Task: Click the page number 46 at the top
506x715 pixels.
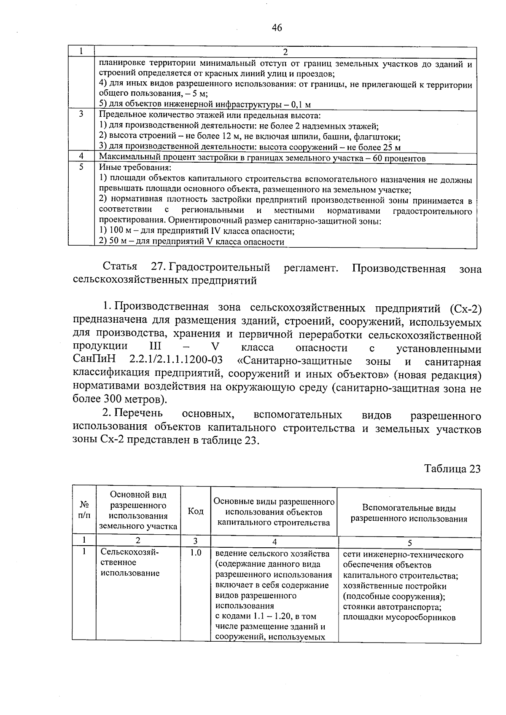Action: [277, 28]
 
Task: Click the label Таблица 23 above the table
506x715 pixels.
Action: [452, 469]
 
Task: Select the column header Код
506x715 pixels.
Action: [195, 511]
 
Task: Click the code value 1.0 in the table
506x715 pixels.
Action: [195, 553]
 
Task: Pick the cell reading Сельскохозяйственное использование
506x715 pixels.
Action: [130, 563]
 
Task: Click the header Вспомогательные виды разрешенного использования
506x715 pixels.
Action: [409, 513]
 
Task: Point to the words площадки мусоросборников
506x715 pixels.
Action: [399, 618]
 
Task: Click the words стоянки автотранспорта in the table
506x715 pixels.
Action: [392, 607]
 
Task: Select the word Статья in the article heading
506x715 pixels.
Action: [120, 268]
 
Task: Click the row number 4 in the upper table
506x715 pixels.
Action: [81, 156]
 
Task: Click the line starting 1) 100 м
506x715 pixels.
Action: [196, 231]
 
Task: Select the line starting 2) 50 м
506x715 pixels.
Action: [191, 242]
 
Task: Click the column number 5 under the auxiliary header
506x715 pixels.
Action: [409, 543]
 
